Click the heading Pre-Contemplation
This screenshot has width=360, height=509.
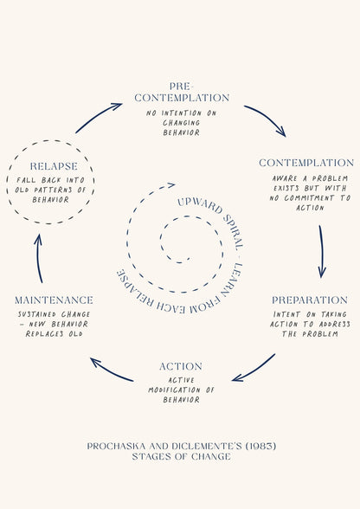click(182, 92)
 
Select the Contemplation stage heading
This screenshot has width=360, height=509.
click(306, 163)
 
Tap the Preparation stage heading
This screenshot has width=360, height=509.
click(309, 300)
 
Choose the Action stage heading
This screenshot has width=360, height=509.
click(181, 366)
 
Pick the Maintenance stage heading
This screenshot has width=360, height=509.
click(54, 300)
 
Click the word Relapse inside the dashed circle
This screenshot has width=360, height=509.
click(54, 166)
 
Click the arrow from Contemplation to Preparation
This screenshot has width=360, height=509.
click(322, 252)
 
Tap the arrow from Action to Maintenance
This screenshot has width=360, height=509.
click(111, 371)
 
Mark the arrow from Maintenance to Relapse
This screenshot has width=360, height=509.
click(38, 258)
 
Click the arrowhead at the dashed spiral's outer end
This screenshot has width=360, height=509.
click(171, 184)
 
